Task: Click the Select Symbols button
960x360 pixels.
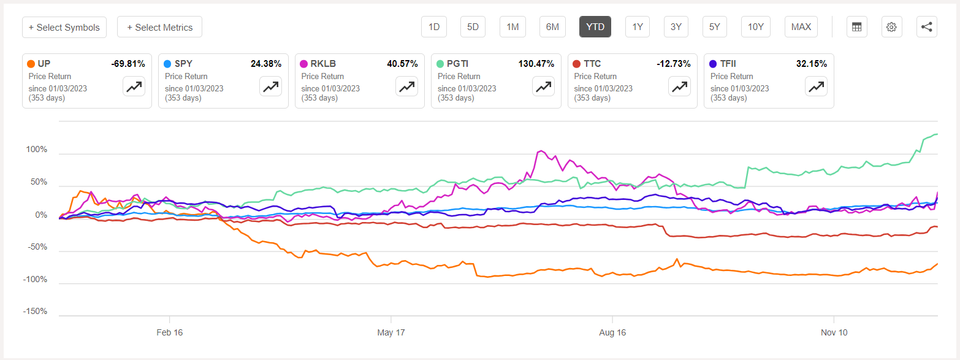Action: [64, 27]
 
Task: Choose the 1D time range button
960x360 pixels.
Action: [434, 27]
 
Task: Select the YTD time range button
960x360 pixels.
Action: [595, 27]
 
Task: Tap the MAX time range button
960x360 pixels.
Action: [801, 27]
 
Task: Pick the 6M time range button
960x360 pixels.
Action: [552, 27]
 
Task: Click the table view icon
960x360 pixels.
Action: [856, 27]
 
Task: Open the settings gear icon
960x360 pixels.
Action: [891, 27]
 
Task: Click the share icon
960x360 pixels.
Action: [926, 27]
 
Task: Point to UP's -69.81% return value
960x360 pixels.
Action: [128, 64]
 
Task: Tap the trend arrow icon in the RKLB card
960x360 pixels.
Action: [406, 86]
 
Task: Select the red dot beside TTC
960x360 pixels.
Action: [576, 64]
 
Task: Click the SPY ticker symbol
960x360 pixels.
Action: [183, 64]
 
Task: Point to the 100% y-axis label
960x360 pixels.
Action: [36, 150]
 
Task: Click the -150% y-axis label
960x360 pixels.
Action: [35, 312]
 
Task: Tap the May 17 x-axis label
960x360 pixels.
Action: [392, 333]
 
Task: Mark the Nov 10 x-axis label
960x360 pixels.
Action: [834, 333]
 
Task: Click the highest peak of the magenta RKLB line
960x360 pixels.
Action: [541, 151]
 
